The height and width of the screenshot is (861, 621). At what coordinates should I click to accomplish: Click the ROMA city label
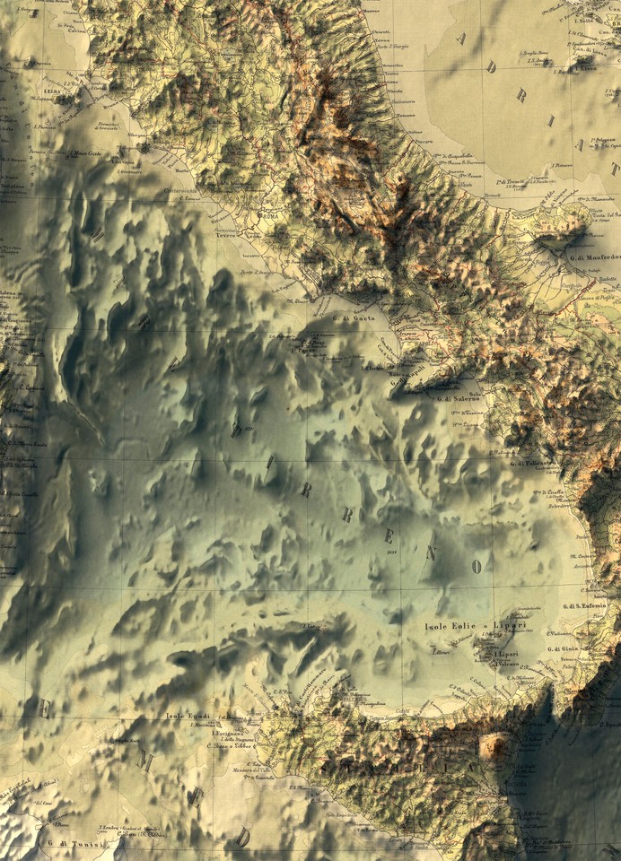click(269, 217)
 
